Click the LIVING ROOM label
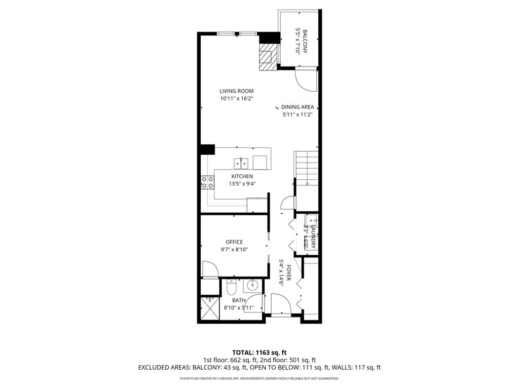click(236, 91)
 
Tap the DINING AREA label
click(298, 107)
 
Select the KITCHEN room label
click(242, 176)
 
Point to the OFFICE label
click(234, 242)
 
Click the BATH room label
click(238, 300)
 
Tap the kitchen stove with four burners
click(207, 182)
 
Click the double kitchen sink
click(240, 163)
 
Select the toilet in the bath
click(231, 288)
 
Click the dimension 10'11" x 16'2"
click(236, 99)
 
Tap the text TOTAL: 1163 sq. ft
click(259, 352)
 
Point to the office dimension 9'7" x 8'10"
click(234, 249)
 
